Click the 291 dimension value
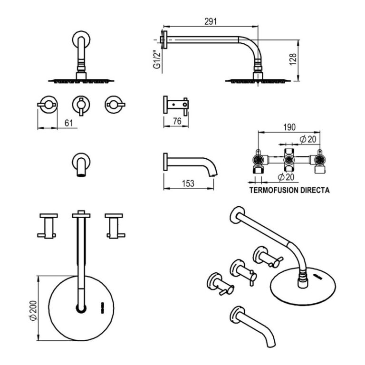(211, 21)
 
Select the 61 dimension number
(69, 123)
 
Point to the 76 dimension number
(176, 122)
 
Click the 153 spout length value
(188, 183)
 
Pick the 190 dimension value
(289, 127)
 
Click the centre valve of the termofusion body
(289, 161)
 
